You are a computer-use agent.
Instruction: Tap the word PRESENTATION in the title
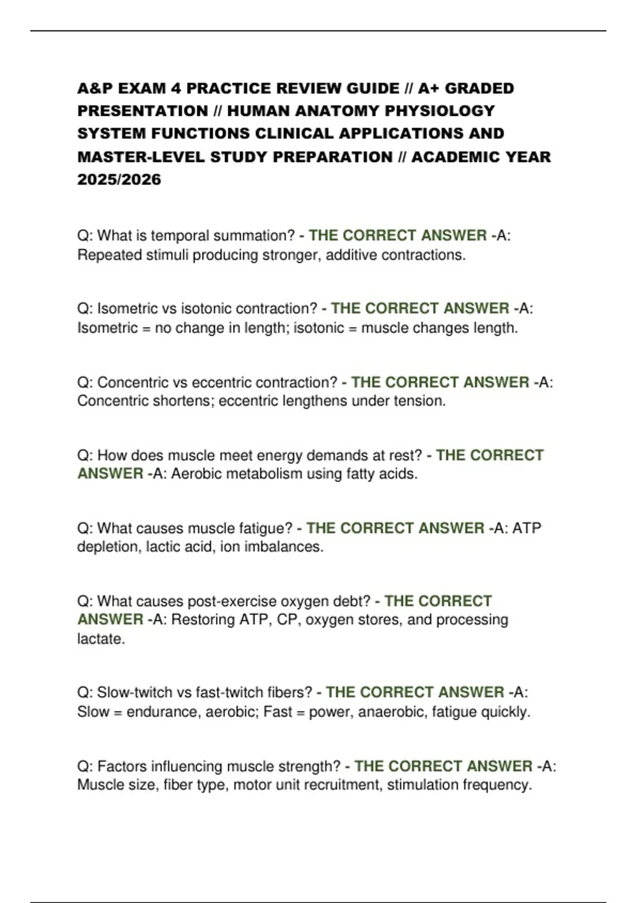tap(143, 111)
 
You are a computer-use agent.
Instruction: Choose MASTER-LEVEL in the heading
tap(141, 157)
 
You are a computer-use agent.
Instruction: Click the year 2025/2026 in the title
tap(119, 180)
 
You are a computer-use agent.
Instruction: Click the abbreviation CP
tap(287, 620)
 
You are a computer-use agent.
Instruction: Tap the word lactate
tap(101, 639)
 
